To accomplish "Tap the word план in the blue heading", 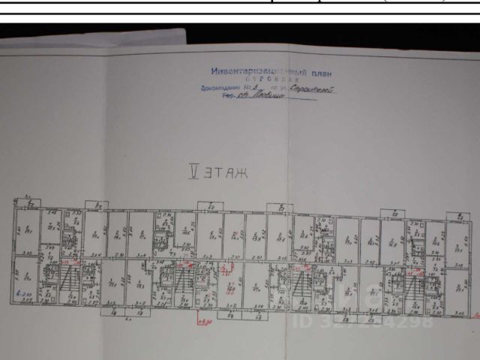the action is [x=317, y=72].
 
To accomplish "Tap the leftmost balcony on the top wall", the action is [x=95, y=204].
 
